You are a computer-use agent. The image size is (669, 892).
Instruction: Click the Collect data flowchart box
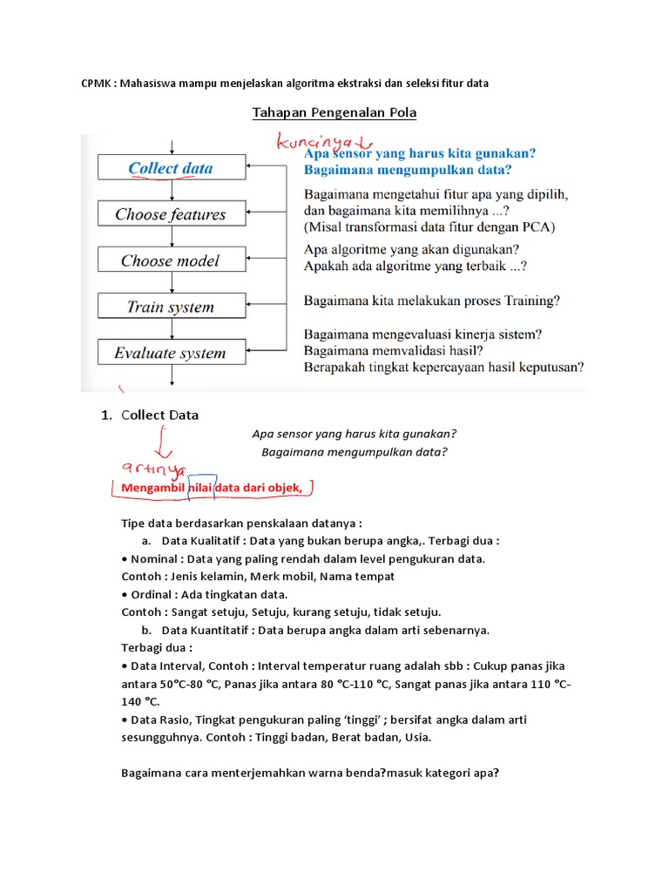point(171,168)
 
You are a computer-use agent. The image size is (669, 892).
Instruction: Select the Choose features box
point(171,214)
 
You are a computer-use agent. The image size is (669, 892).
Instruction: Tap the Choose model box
point(171,260)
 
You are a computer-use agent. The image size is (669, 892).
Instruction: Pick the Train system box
point(171,307)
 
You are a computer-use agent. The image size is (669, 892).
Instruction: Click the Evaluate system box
point(171,354)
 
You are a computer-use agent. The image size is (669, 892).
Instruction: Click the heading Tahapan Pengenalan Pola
point(334,112)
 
